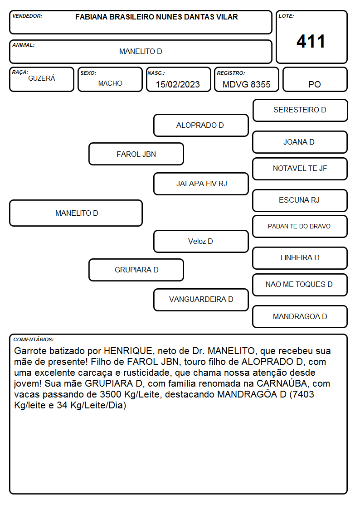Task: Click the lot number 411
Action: (311, 41)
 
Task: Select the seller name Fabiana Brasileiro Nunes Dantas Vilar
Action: (156, 17)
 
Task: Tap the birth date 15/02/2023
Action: (178, 84)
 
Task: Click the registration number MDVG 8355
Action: (246, 84)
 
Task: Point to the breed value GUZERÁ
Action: (42, 78)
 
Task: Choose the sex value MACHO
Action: (110, 83)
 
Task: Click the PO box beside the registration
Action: (315, 79)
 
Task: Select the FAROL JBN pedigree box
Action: (136, 154)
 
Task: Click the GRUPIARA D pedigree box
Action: (136, 270)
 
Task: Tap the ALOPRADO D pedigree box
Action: (201, 125)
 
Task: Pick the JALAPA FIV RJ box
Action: (201, 184)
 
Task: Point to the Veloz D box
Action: (201, 241)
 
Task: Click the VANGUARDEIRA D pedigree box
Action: (201, 300)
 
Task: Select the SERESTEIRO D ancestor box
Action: (300, 111)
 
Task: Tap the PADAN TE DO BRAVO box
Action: (300, 227)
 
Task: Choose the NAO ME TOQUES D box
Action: (300, 285)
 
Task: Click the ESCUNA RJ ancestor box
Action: (300, 200)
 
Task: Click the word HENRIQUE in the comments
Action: (128, 351)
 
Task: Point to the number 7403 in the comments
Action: (303, 394)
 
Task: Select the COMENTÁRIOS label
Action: (34, 339)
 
